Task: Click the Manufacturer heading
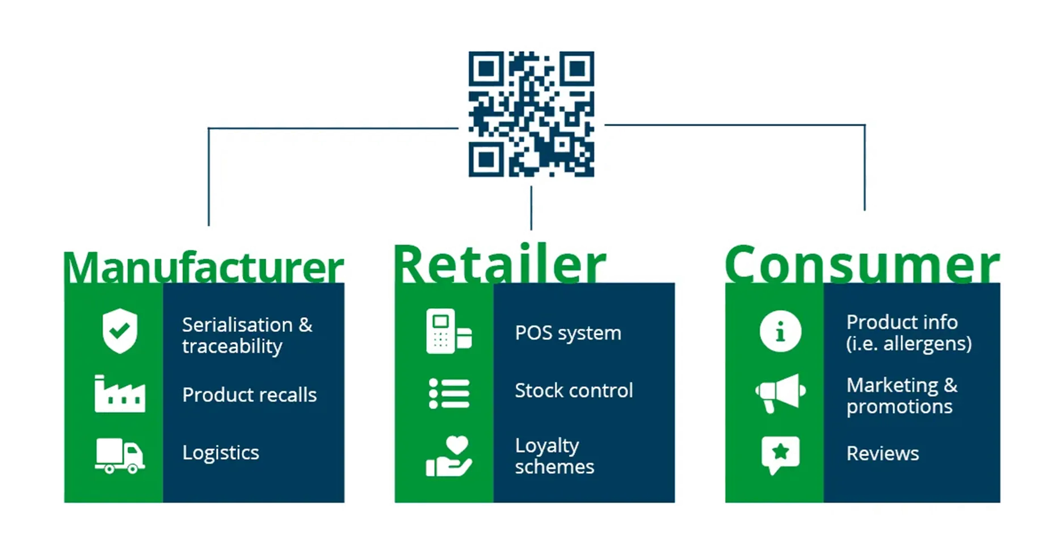coord(204,267)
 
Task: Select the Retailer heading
coord(499,264)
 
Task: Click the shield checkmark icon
coord(120,331)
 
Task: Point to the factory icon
coord(120,394)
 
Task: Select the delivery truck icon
coord(120,456)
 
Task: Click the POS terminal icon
coord(448,332)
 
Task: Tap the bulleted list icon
coord(449,393)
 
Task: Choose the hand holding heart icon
coord(449,456)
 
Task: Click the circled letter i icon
coord(780,331)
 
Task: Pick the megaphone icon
coord(780,393)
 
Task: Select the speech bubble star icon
coord(780,454)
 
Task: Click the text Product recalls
coord(249,395)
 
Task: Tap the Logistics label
coord(221,453)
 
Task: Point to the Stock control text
coord(574,390)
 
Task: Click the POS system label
coord(568,333)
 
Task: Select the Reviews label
coord(882,453)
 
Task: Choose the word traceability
coord(232,346)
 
